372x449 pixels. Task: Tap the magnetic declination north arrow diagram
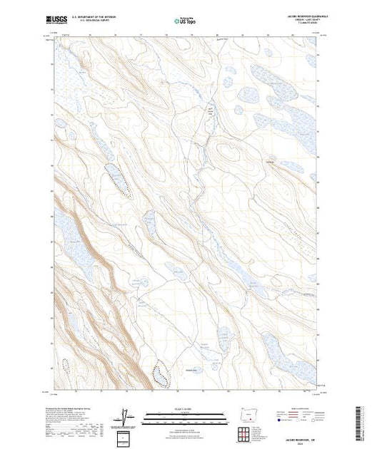pyautogui.click(x=126, y=416)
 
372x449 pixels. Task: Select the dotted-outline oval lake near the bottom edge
pyautogui.click(x=161, y=374)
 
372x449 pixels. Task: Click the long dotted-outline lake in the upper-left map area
pyautogui.click(x=119, y=180)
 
